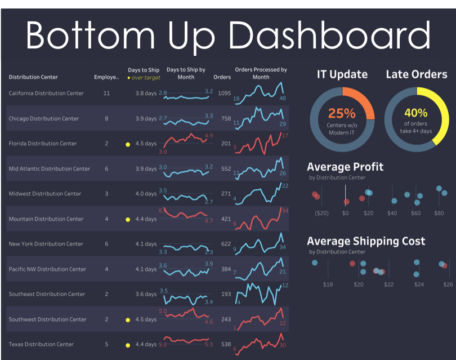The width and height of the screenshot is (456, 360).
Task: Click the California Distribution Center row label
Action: pos(46,94)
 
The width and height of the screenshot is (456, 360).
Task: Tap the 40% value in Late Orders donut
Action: pos(416,113)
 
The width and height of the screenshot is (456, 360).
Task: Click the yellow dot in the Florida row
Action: pos(128,144)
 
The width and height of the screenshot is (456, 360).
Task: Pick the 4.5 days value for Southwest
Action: pos(146,319)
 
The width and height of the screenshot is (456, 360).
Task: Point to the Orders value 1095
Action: pos(224,94)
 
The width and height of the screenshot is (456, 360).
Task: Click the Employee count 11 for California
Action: pos(106,94)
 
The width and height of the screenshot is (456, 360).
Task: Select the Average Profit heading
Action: pos(345,167)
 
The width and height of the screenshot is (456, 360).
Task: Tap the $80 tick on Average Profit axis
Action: pos(439,214)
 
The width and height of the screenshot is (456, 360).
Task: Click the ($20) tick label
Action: pos(321,214)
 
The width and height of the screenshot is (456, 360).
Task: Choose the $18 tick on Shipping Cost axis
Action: pos(328,285)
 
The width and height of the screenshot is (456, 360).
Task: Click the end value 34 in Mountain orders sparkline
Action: pos(285,211)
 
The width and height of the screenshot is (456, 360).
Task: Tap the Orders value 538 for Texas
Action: pos(226,344)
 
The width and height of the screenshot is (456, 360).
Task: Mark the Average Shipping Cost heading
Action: pos(366,241)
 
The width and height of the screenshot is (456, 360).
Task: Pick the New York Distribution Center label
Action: pos(46,244)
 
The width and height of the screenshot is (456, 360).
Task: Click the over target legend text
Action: pos(146,77)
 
